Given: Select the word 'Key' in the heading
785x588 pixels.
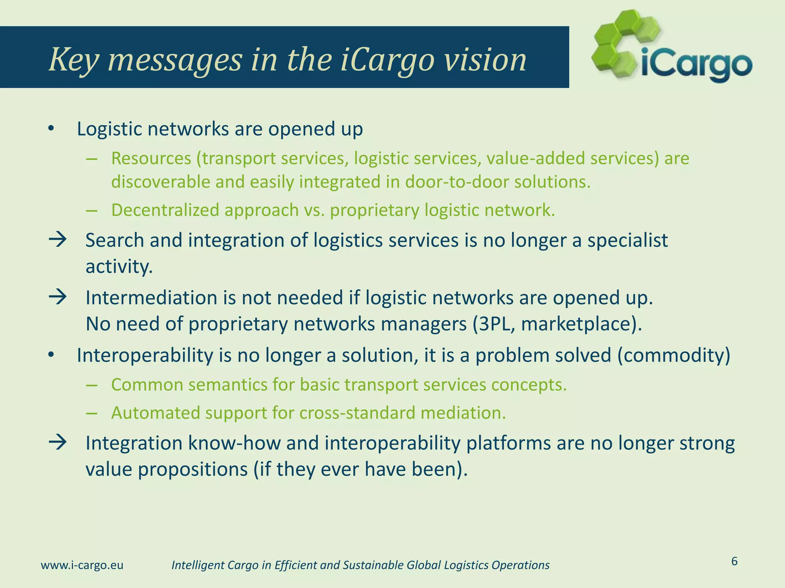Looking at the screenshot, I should tap(73, 60).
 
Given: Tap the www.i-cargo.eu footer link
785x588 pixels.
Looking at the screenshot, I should tap(82, 565).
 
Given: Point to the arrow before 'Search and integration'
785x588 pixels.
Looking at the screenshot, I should tap(58, 240).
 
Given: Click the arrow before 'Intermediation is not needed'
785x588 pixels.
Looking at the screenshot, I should tap(58, 297).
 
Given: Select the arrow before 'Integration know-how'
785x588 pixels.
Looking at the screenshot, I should tap(58, 443).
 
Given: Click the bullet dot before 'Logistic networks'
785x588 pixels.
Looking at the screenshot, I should tap(51, 129).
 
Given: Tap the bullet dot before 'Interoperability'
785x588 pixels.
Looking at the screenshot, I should tap(51, 355).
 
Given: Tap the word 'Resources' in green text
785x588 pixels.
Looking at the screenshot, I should tap(151, 158).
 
